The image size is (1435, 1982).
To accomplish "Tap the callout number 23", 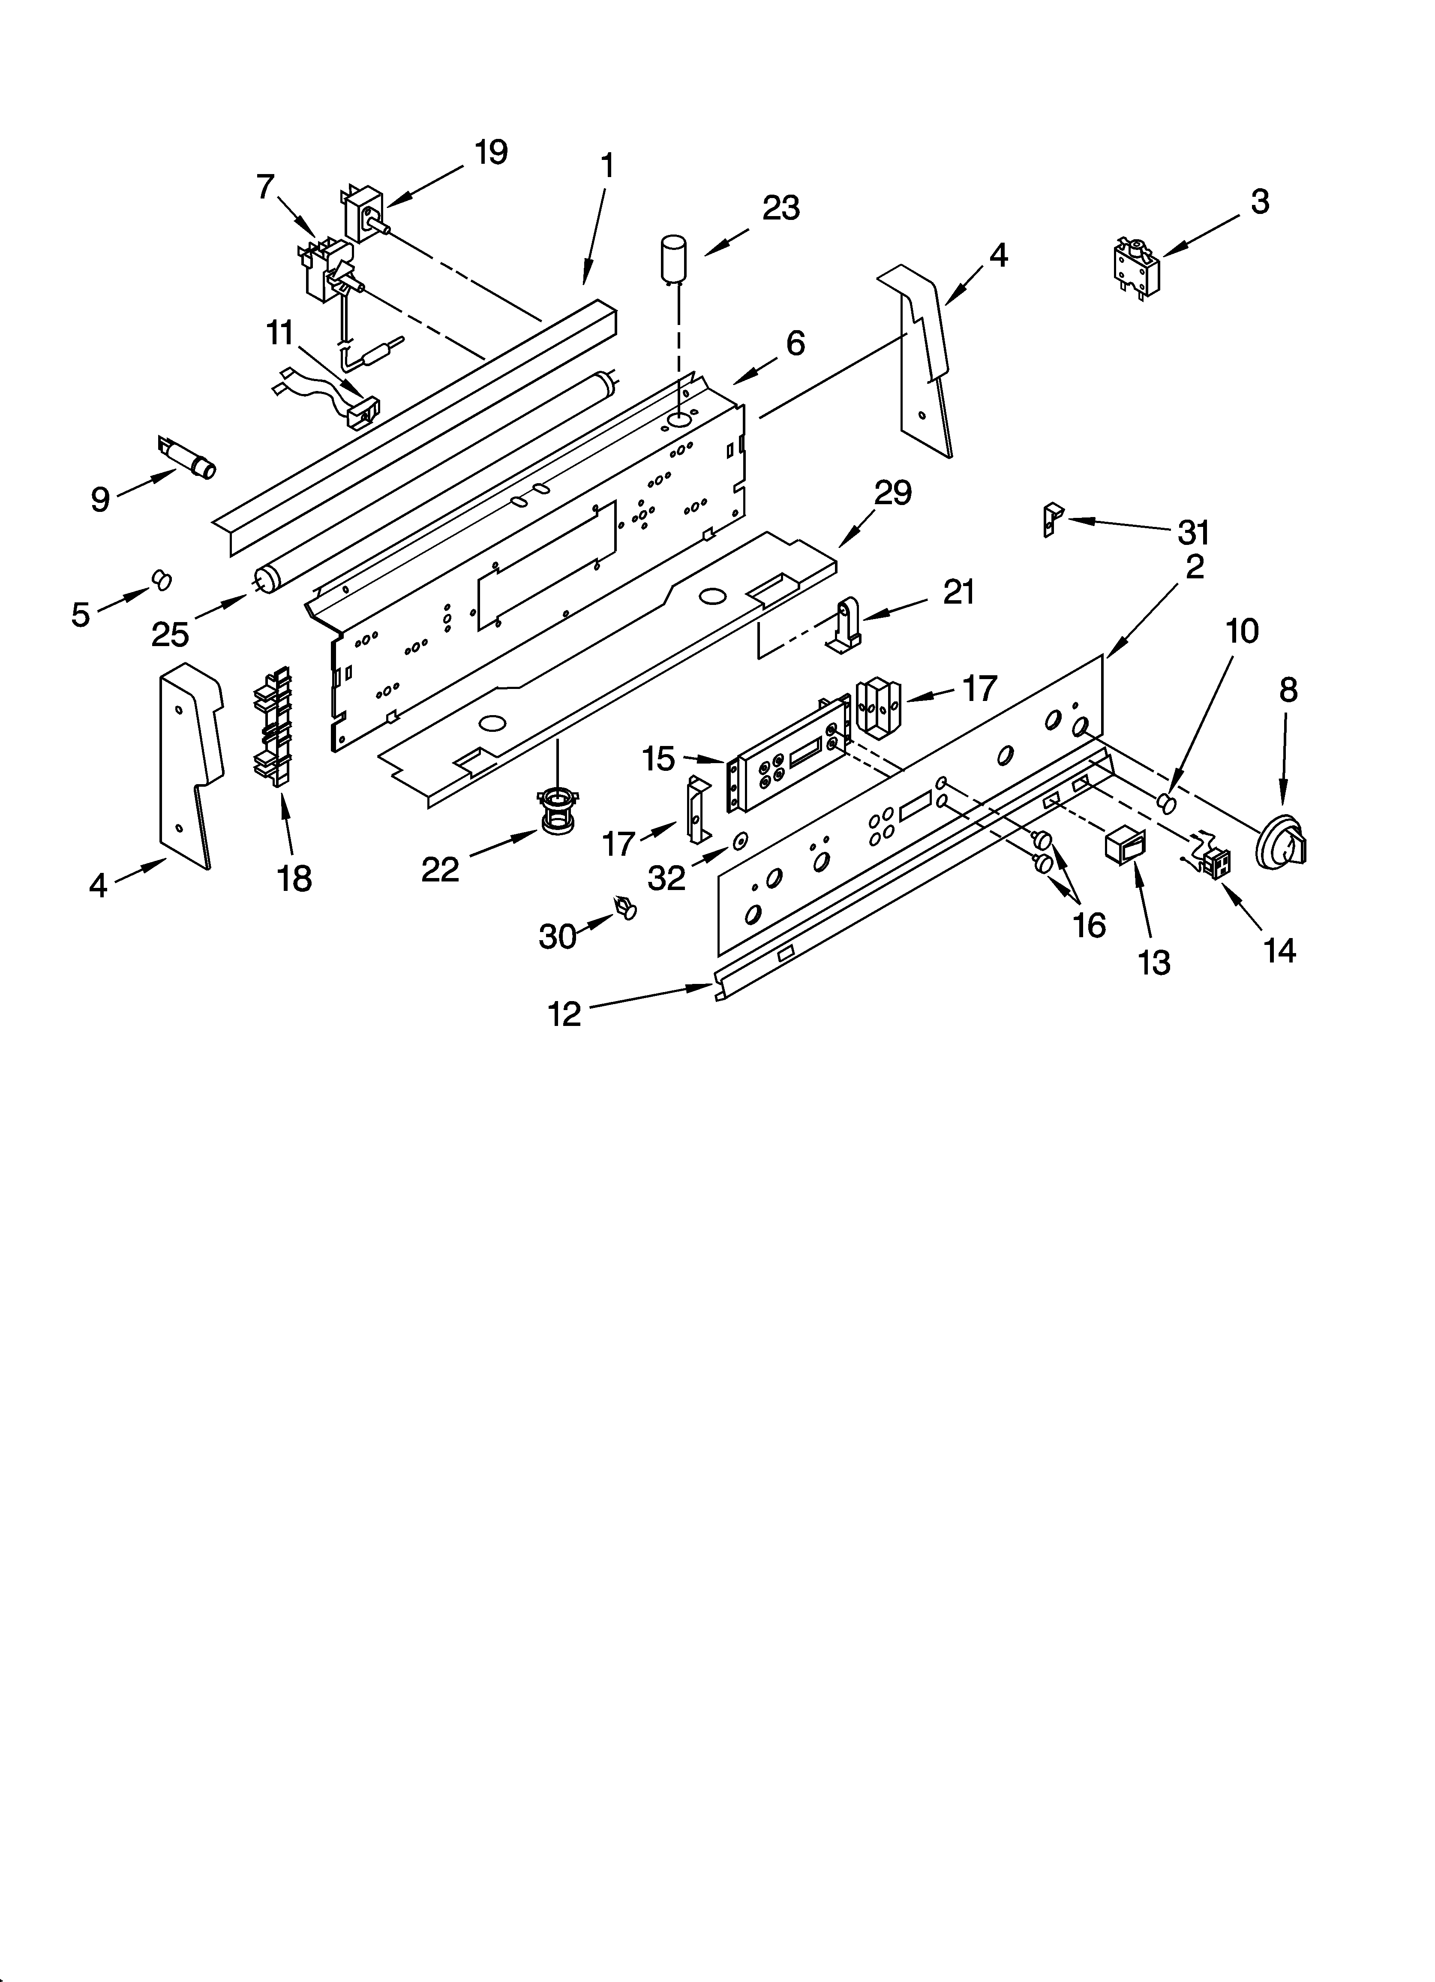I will [781, 208].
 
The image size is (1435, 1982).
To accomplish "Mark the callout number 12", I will [564, 1014].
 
